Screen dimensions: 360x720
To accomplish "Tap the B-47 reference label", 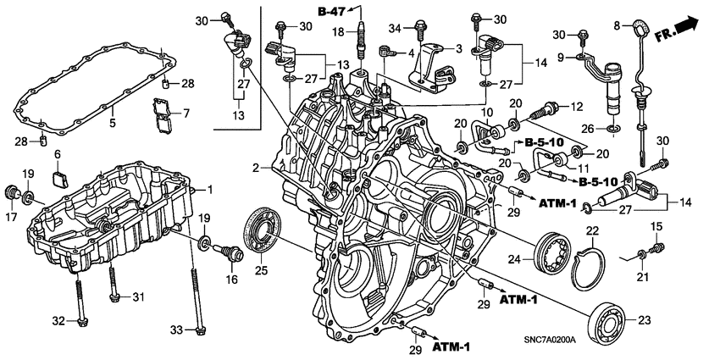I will (x=332, y=11).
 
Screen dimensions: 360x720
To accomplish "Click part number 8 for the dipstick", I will (x=618, y=24).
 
